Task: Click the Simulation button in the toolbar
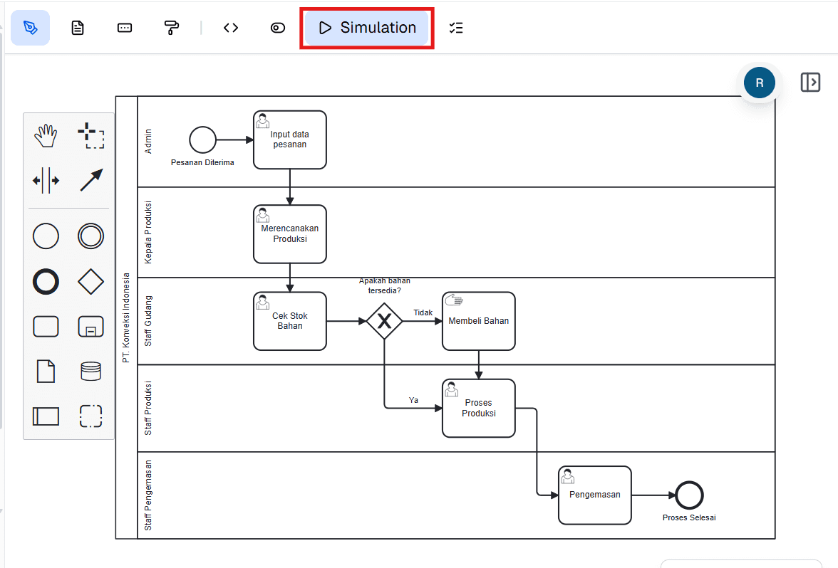pos(367,28)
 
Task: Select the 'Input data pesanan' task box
pos(289,140)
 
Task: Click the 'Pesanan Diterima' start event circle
pos(202,140)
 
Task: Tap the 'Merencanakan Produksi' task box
pos(289,234)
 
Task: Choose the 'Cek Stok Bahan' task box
pos(289,321)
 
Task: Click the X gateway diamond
pos(385,321)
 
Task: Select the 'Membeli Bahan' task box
pos(478,321)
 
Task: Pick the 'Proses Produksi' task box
pos(478,408)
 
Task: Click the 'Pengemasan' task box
pos(594,495)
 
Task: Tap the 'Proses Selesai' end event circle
pos(689,495)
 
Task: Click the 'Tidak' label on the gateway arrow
pos(423,312)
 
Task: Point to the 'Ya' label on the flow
pos(413,400)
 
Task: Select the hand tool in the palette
pos(46,135)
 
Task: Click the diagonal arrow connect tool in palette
pos(91,180)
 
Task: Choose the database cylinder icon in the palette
pos(91,371)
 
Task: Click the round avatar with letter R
pos(759,83)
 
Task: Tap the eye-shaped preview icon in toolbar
pos(278,28)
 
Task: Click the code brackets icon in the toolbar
pos(231,28)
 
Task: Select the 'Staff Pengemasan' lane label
pos(148,495)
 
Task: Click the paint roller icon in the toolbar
pos(172,28)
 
